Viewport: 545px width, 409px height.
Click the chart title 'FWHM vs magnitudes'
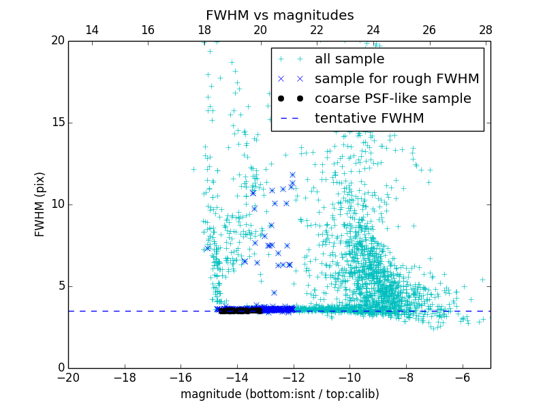pyautogui.click(x=279, y=15)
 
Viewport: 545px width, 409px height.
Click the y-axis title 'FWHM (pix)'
pyautogui.click(x=40, y=204)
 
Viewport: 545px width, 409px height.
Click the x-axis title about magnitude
pyautogui.click(x=279, y=394)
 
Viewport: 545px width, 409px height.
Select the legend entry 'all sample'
pyautogui.click(x=349, y=59)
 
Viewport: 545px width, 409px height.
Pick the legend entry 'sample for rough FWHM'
pyautogui.click(x=396, y=79)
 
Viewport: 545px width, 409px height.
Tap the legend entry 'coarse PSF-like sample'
pyautogui.click(x=392, y=99)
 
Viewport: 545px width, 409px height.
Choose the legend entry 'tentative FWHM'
pyautogui.click(x=369, y=119)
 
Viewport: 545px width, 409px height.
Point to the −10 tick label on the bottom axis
pyautogui.click(x=349, y=378)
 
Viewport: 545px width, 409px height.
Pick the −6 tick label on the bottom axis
pyautogui.click(x=462, y=378)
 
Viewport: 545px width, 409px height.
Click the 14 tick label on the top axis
pyautogui.click(x=91, y=30)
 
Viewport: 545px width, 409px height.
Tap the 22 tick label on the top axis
pyautogui.click(x=317, y=30)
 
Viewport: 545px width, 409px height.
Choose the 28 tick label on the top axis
pyautogui.click(x=486, y=30)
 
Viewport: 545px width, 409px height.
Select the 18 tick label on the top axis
pyautogui.click(x=204, y=30)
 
